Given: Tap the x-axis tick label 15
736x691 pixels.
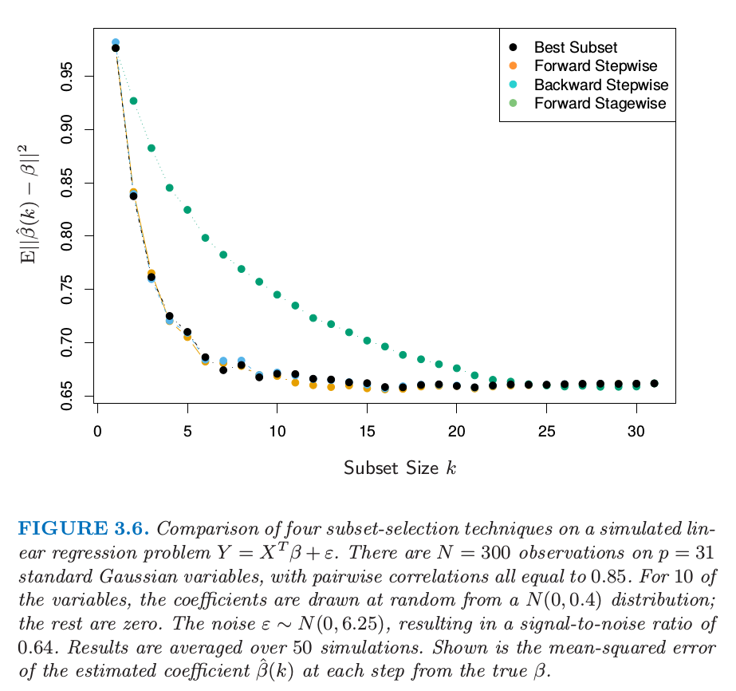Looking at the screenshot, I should click(367, 432).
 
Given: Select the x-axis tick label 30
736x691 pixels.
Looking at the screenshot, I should click(636, 432).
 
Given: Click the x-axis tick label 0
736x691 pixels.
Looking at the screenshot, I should click(97, 432).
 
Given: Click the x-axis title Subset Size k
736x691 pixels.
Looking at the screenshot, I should click(399, 468).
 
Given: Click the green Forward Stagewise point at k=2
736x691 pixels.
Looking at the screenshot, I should click(133, 101).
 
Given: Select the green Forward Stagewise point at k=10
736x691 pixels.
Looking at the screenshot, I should click(277, 294).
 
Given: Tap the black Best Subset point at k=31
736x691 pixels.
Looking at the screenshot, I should click(654, 383).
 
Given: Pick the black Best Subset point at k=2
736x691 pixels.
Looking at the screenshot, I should click(133, 195).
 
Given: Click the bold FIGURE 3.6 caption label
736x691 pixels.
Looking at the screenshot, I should click(84, 528).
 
